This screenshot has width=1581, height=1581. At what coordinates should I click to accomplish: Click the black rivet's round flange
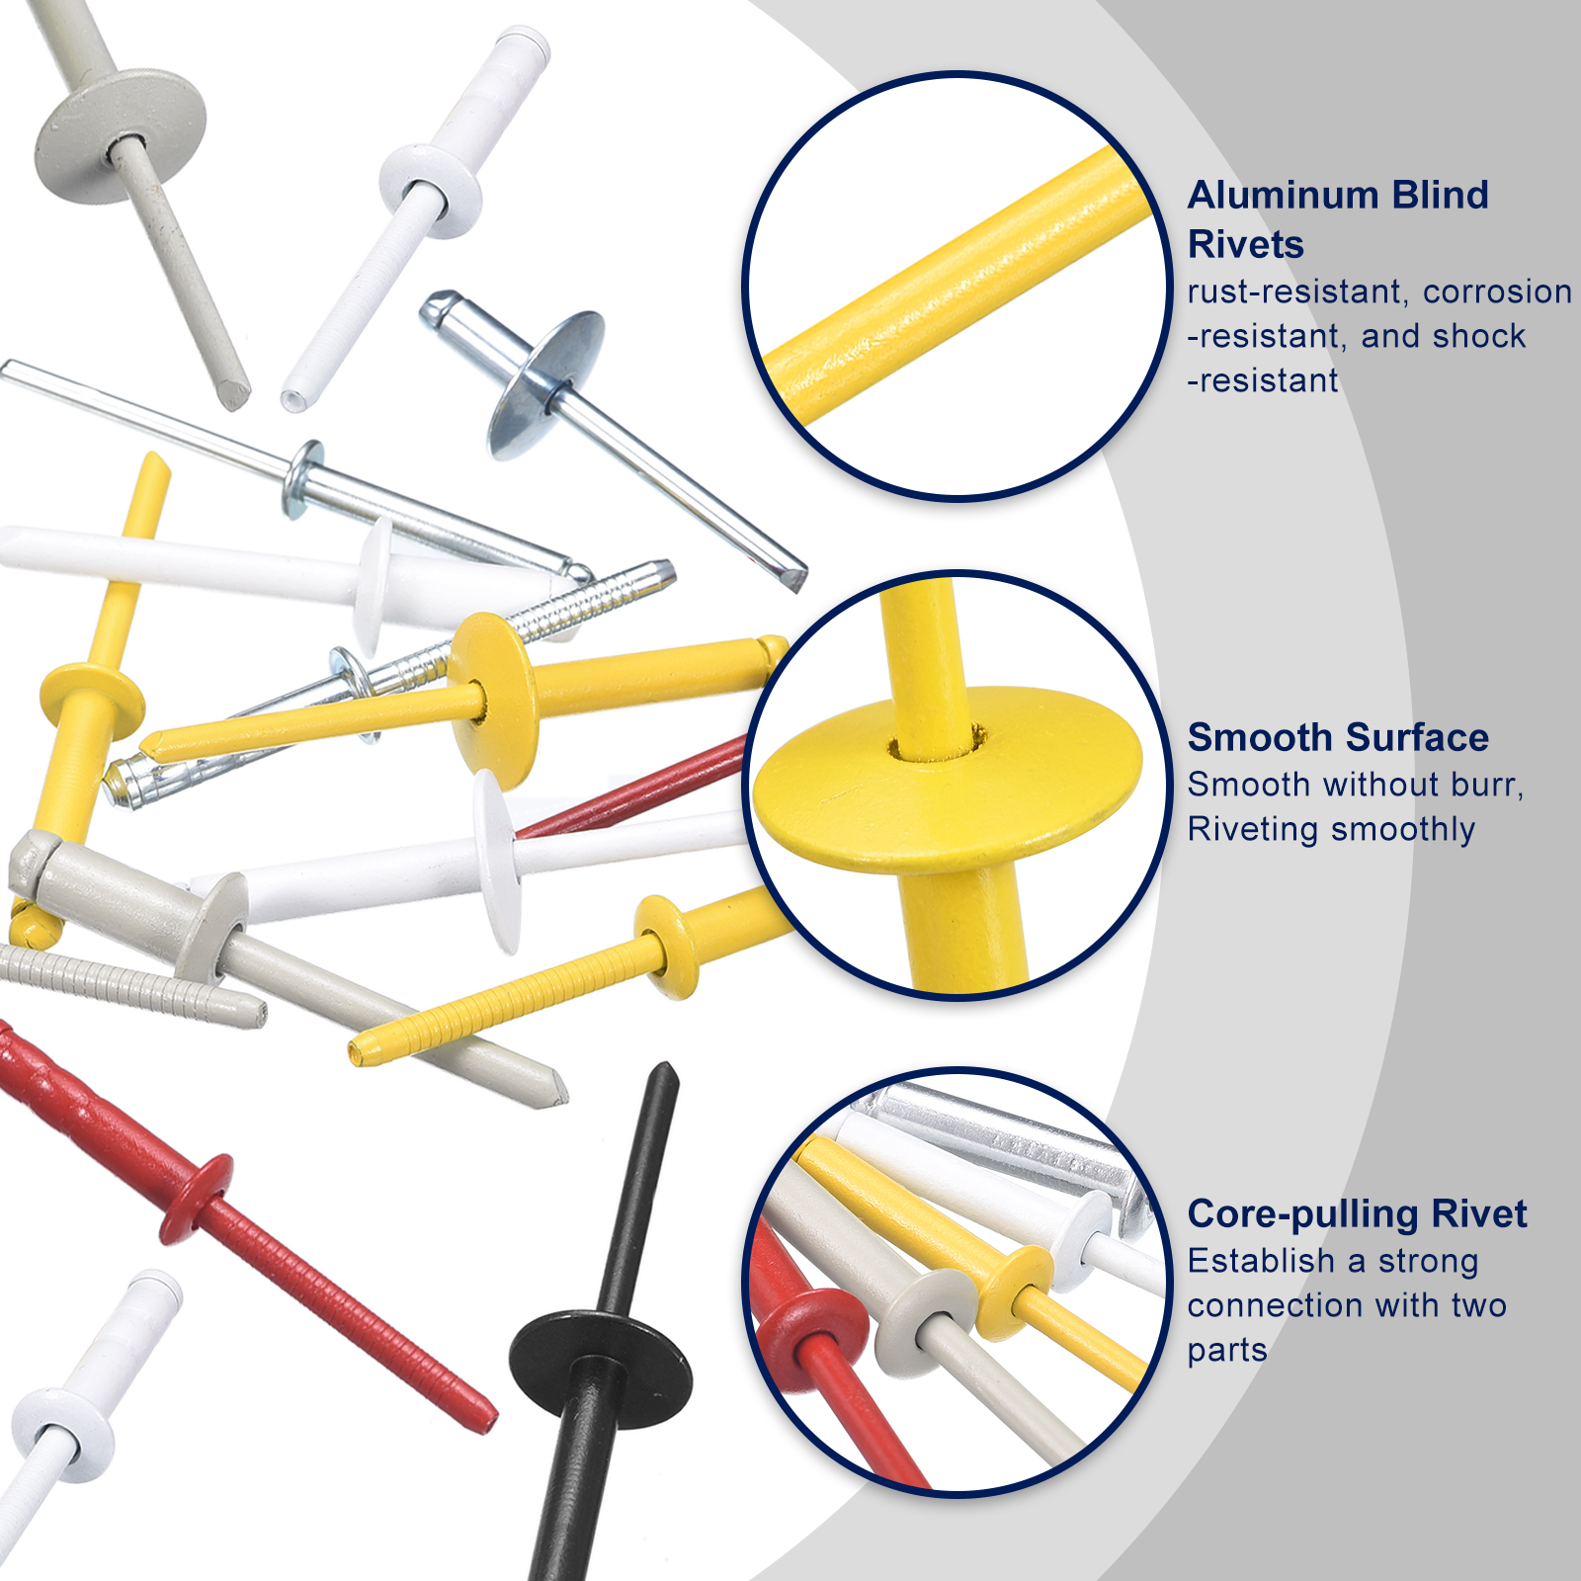click(600, 1369)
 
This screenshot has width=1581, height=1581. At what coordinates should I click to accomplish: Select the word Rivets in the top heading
click(1245, 244)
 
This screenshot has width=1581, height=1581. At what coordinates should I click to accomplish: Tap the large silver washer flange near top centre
click(545, 384)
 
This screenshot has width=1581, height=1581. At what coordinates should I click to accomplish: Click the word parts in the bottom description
click(1227, 1351)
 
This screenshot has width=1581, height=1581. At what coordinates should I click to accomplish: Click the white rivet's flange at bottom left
click(63, 1436)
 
